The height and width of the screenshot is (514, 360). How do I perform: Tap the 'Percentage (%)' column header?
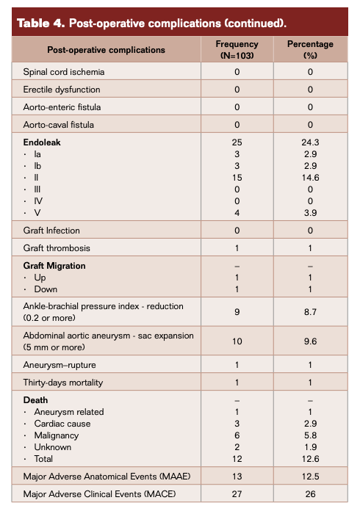click(310, 50)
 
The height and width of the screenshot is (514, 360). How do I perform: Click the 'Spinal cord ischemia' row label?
click(64, 72)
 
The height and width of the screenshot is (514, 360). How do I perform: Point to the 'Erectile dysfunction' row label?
click(62, 90)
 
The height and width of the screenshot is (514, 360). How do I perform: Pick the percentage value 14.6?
click(310, 177)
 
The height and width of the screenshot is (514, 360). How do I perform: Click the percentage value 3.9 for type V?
click(310, 213)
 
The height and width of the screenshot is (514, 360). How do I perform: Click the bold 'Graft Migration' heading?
click(54, 266)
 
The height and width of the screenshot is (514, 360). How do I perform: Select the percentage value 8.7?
click(310, 311)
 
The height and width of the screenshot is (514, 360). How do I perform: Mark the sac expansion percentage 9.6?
click(310, 341)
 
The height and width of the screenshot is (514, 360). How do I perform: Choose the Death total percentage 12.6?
click(310, 460)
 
